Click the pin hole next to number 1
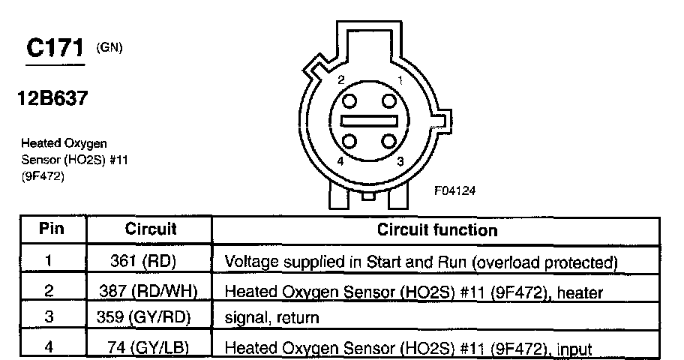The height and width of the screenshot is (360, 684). [388, 101]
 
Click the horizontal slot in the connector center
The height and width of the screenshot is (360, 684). [369, 121]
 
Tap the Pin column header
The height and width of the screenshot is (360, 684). [51, 229]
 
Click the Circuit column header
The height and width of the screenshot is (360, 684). [150, 229]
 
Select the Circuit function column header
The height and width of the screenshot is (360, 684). [437, 229]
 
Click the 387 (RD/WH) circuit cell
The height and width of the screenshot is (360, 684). [150, 290]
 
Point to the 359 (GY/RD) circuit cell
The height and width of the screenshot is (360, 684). [150, 317]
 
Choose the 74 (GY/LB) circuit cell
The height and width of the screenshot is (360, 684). [150, 346]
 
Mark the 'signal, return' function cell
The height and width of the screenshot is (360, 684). [272, 318]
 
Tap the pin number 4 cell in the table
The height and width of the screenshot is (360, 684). [49, 346]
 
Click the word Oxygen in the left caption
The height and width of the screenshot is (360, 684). [87, 142]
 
